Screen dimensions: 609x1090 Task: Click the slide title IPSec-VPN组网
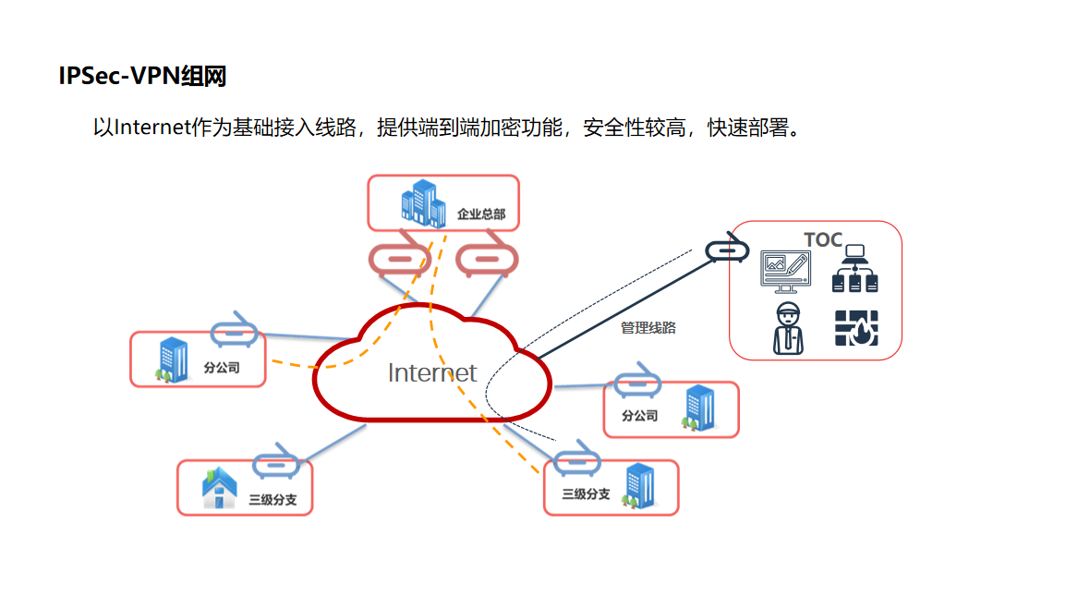(142, 77)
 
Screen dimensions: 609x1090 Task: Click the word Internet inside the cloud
(432, 372)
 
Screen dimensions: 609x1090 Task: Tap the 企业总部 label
(481, 214)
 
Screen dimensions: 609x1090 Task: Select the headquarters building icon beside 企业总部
(422, 202)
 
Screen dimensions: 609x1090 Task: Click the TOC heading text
(823, 240)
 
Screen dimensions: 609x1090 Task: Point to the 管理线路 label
(648, 327)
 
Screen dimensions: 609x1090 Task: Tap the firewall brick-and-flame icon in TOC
(856, 328)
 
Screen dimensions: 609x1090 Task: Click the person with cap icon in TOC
(787, 328)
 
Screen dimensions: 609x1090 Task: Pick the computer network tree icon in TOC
(855, 269)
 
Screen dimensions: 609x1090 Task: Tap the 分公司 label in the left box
(222, 367)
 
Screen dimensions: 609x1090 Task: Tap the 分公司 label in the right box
(639, 416)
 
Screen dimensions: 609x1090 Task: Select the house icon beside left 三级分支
(220, 489)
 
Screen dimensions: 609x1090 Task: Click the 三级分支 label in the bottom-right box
(587, 494)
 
